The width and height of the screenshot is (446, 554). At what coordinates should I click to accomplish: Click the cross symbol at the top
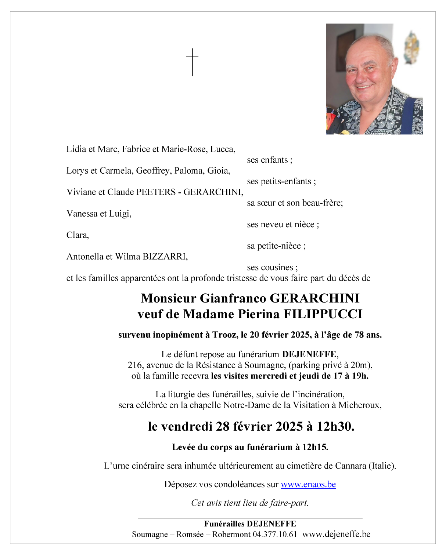coord(192,62)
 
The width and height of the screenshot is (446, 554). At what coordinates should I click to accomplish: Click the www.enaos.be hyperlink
coord(308,484)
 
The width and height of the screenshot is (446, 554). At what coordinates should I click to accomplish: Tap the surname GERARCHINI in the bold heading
coord(314,298)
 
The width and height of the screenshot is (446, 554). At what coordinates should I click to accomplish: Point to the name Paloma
coord(189,171)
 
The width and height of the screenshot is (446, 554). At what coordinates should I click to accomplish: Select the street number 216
coord(135,365)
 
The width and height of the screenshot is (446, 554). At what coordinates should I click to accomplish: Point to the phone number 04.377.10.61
coord(274,534)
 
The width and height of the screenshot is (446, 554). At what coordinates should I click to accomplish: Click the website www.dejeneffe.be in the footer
coord(336,534)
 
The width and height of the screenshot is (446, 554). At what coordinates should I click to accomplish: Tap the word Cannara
coord(350,466)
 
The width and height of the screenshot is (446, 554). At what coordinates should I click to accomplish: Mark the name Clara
coord(77,235)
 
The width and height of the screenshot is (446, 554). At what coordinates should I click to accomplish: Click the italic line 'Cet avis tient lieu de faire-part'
coord(250,503)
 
